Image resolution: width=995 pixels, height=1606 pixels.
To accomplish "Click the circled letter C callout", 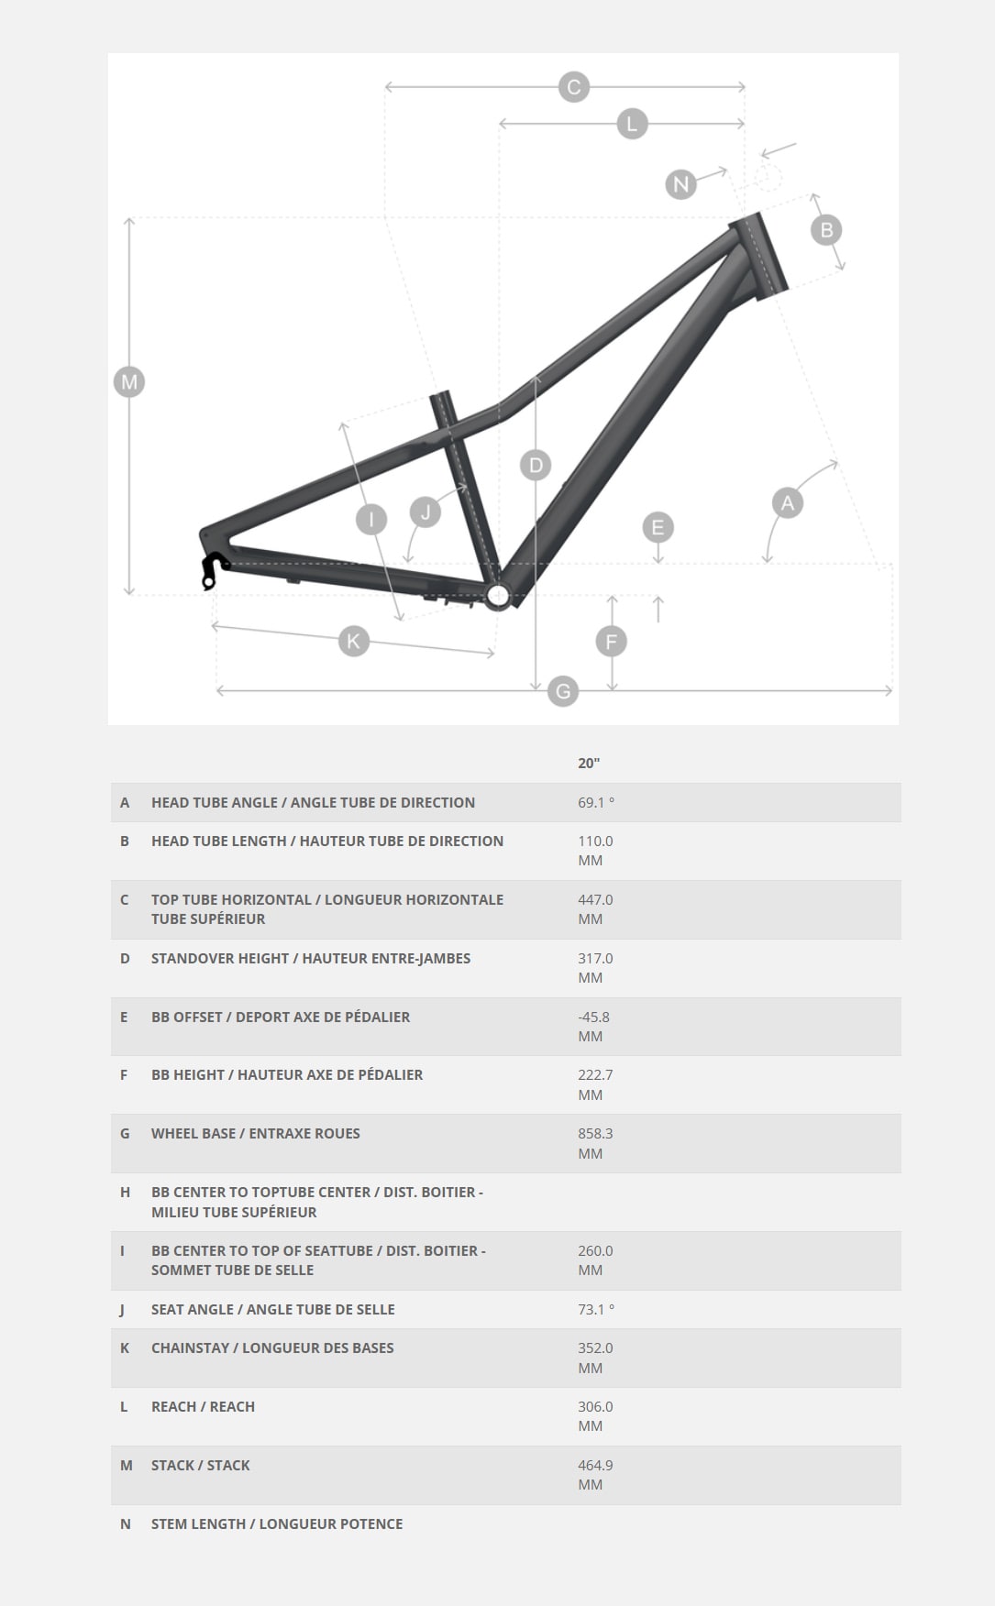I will coord(573,87).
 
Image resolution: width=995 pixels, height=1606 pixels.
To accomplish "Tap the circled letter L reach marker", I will coord(631,124).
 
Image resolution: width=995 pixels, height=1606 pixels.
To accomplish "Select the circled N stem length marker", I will coord(680,184).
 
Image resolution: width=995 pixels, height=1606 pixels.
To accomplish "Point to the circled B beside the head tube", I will coord(826,230).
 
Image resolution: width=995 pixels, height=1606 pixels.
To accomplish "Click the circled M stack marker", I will coord(129,381).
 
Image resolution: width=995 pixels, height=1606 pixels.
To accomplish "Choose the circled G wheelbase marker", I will coord(563,691).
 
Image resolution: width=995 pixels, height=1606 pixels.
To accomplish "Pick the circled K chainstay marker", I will coord(353,640).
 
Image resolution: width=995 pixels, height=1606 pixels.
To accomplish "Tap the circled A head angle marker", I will coord(787,502).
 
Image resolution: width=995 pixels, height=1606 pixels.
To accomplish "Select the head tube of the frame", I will coord(758,256).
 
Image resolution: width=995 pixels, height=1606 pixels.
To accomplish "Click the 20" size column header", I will coord(589,763).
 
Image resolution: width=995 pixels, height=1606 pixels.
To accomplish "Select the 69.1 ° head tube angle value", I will coord(596,802).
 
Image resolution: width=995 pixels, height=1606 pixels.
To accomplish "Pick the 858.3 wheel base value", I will coord(595,1133).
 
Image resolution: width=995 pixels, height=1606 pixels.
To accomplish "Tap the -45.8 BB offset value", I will coord(593,1017).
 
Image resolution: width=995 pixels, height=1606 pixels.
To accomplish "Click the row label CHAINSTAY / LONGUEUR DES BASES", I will coord(272,1347).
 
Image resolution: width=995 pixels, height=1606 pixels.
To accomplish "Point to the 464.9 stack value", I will coord(595,1465).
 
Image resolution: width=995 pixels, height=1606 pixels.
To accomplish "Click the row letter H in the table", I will coord(125,1192).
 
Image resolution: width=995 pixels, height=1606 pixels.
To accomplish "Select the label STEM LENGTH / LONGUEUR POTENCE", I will coord(277,1523).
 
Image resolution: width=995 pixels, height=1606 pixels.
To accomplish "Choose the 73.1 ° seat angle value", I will coord(596,1309).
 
